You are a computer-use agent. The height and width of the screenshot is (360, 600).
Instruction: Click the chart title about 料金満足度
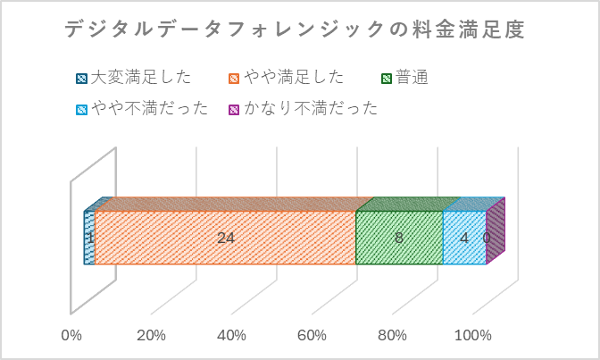coord(295,30)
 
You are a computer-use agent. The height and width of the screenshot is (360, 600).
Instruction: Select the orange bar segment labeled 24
coord(179,238)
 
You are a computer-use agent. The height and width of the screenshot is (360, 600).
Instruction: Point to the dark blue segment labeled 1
coord(89,250)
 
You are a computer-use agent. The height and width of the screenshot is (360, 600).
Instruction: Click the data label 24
coord(226,238)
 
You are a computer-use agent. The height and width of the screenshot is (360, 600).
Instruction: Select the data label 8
coord(399,238)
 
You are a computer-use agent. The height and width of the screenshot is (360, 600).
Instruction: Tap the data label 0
coord(487,239)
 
